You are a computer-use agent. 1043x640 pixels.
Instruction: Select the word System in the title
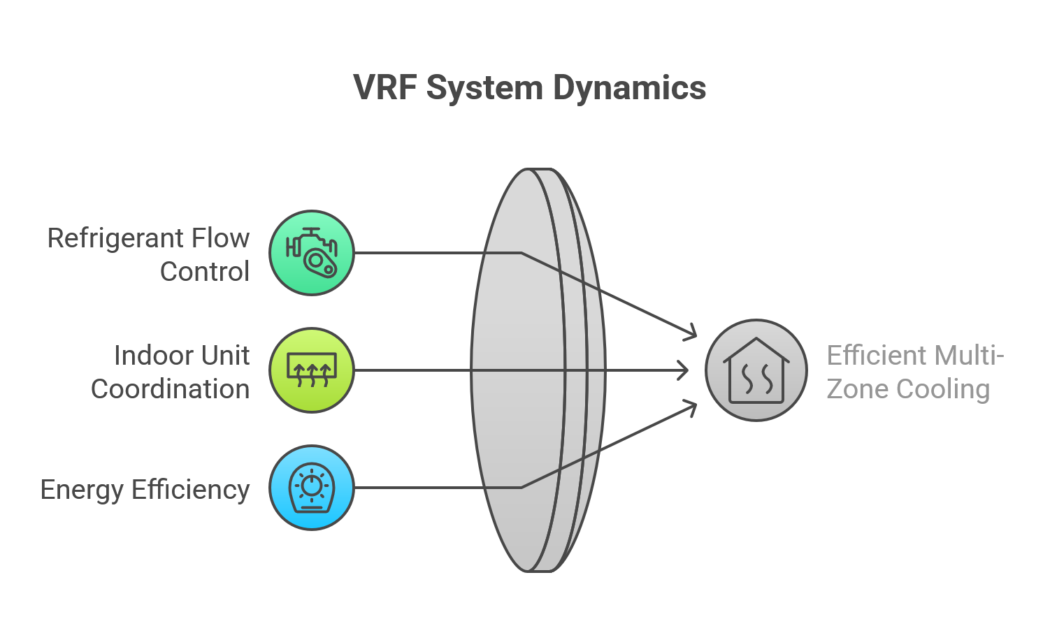(484, 89)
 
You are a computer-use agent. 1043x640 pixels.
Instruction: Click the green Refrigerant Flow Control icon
(312, 253)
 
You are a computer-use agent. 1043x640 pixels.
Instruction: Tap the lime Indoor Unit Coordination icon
(312, 370)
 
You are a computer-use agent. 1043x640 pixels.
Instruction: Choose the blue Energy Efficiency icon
(312, 488)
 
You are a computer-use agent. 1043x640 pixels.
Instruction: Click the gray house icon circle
(756, 370)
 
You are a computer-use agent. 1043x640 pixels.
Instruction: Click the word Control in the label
(204, 272)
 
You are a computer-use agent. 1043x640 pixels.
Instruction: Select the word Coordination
(170, 389)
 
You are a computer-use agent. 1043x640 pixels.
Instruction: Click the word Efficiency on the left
(190, 490)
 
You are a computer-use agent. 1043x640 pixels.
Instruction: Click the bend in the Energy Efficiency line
(521, 488)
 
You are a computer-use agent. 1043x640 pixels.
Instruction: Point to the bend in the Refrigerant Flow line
(521, 253)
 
